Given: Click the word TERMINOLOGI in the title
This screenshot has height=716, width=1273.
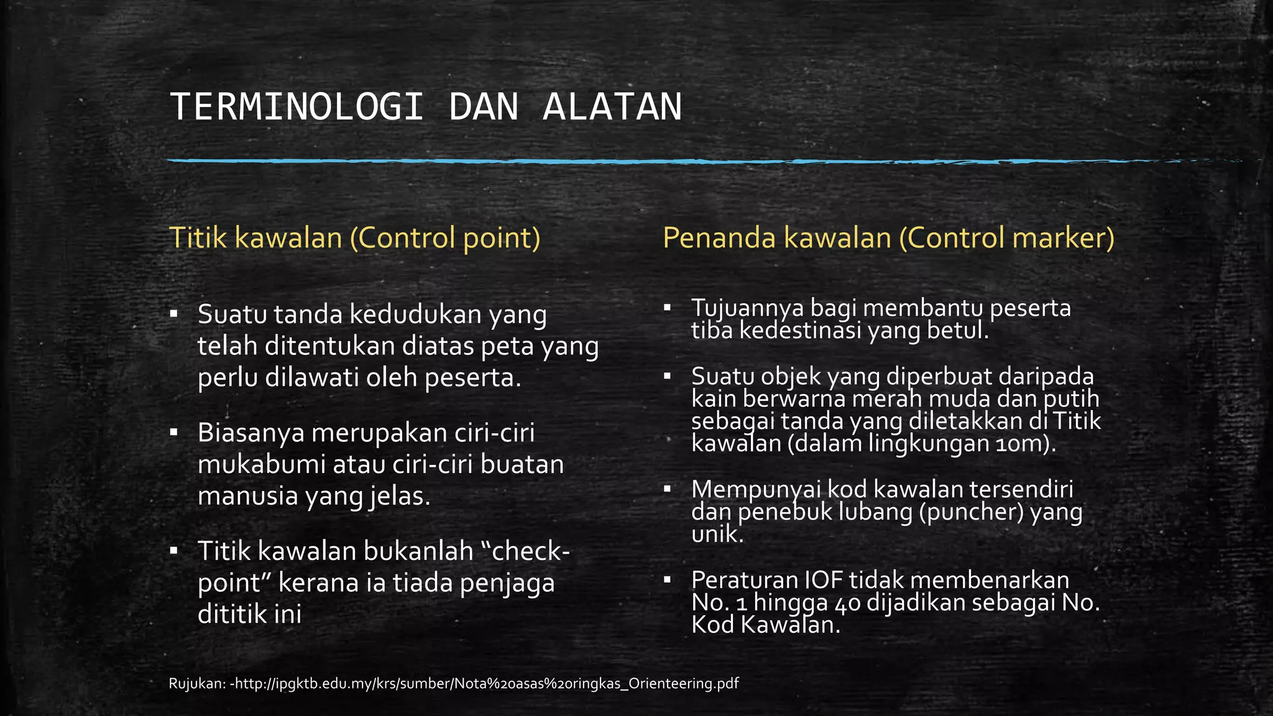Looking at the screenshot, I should point(296,107).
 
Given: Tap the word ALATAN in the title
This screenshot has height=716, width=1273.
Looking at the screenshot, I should point(612,107).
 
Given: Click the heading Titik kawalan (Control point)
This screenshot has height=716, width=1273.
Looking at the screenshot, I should point(354,237).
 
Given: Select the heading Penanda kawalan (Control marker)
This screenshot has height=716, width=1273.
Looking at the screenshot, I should point(888,237).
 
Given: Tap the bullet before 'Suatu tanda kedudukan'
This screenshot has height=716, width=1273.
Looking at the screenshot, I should point(173,314).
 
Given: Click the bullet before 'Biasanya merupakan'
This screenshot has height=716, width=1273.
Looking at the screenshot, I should point(173,432).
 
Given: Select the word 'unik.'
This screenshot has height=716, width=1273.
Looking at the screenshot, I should point(717,534).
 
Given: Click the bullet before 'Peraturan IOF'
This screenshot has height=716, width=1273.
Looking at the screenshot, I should point(668,580).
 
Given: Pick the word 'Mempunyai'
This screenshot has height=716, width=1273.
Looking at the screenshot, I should point(755,489).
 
